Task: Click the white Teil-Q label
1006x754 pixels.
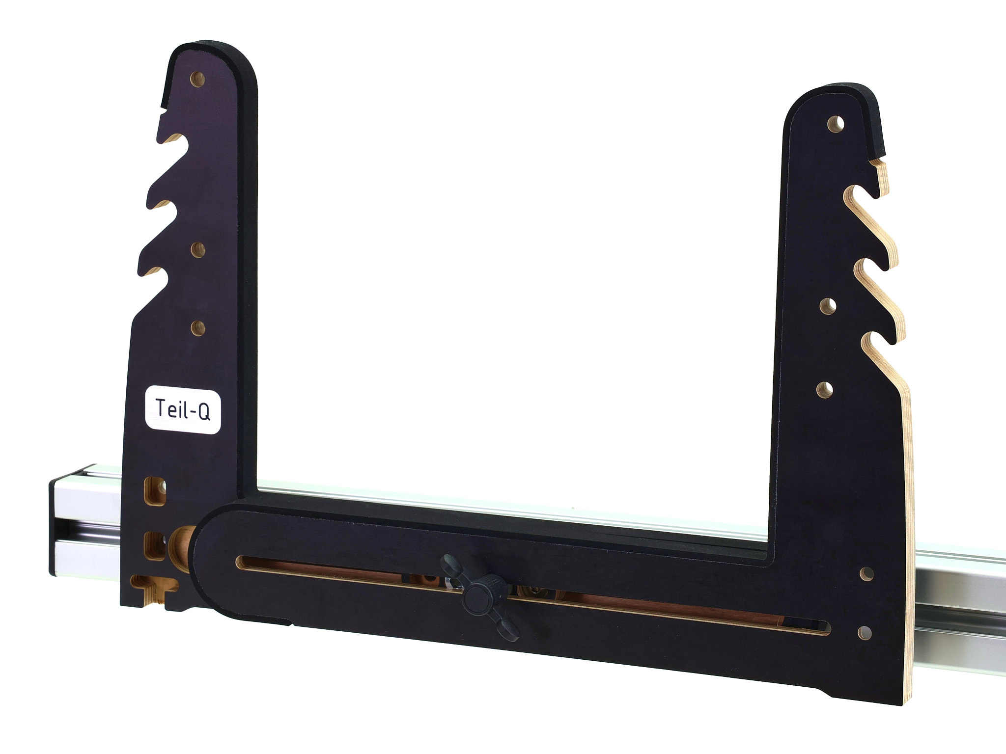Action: click(x=183, y=409)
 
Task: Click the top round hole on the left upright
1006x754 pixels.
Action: click(x=198, y=79)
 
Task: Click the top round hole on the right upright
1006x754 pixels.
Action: click(x=836, y=124)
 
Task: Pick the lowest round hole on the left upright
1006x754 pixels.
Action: click(x=198, y=328)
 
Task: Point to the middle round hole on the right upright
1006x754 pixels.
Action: click(x=828, y=306)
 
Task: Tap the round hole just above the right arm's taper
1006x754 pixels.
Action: click(x=825, y=390)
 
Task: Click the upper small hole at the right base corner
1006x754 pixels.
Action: click(x=866, y=573)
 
